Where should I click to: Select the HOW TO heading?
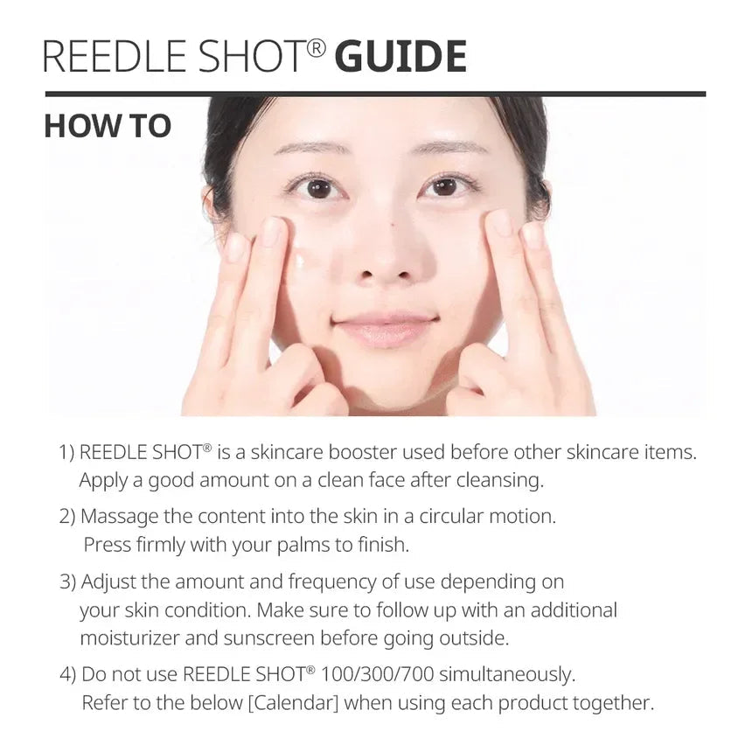click(107, 125)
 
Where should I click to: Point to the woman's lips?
click(386, 328)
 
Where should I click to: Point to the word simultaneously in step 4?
click(512, 674)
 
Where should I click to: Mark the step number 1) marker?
click(67, 452)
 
